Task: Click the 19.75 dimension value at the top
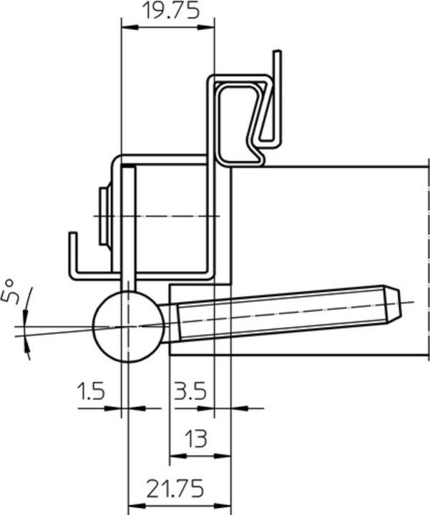click(169, 11)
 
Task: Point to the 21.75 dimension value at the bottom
click(175, 489)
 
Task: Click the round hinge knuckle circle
click(128, 326)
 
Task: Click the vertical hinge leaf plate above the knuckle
click(128, 229)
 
